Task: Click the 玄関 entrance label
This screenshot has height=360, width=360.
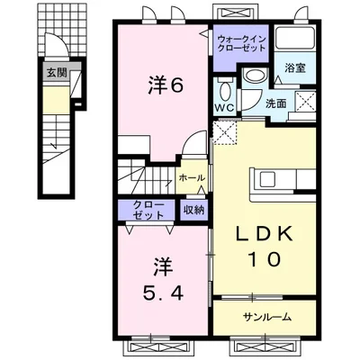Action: tap(57, 73)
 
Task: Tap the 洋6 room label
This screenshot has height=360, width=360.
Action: tap(166, 86)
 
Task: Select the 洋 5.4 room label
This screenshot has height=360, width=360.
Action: tap(163, 279)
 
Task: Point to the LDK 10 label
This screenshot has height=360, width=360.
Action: tap(264, 246)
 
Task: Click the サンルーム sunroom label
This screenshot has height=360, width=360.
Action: tap(266, 317)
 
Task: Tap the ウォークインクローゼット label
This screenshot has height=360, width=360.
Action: tap(241, 43)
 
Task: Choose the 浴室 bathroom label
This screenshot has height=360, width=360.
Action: tap(295, 68)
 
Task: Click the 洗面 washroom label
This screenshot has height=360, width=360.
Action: tap(276, 103)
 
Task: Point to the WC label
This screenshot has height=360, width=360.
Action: tap(225, 108)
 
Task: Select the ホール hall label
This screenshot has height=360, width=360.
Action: tap(192, 178)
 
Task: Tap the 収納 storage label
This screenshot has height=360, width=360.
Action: tap(193, 210)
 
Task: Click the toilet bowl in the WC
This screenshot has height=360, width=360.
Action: tap(225, 90)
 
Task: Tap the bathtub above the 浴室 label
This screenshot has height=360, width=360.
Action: tap(295, 39)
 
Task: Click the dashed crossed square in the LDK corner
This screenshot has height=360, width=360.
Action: tap(225, 132)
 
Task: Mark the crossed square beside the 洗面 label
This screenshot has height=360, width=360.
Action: tap(305, 102)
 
